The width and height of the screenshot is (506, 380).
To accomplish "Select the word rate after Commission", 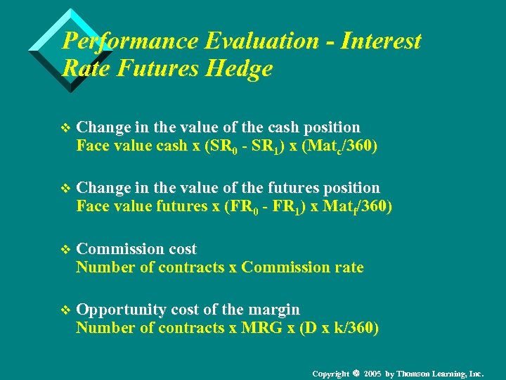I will coord(349,267).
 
